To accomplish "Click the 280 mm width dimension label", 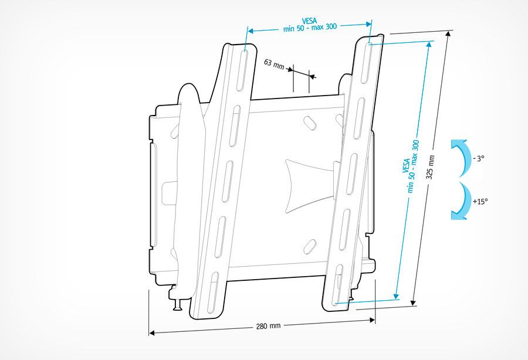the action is pyautogui.click(x=268, y=325).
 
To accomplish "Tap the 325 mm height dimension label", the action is pyautogui.click(x=431, y=167).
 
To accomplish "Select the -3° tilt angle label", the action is pyautogui.click(x=478, y=158).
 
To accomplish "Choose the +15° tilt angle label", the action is pyautogui.click(x=480, y=201).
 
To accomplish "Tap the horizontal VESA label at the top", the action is pyautogui.click(x=310, y=25).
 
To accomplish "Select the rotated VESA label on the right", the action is pyautogui.click(x=411, y=166).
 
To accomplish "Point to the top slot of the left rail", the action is pyautogui.click(x=242, y=70).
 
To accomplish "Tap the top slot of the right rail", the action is pyautogui.click(x=366, y=63).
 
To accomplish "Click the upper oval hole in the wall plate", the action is pyautogui.click(x=310, y=122).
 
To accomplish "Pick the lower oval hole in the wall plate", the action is pyautogui.click(x=309, y=247).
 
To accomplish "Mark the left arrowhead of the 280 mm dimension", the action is pyautogui.click(x=152, y=333).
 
